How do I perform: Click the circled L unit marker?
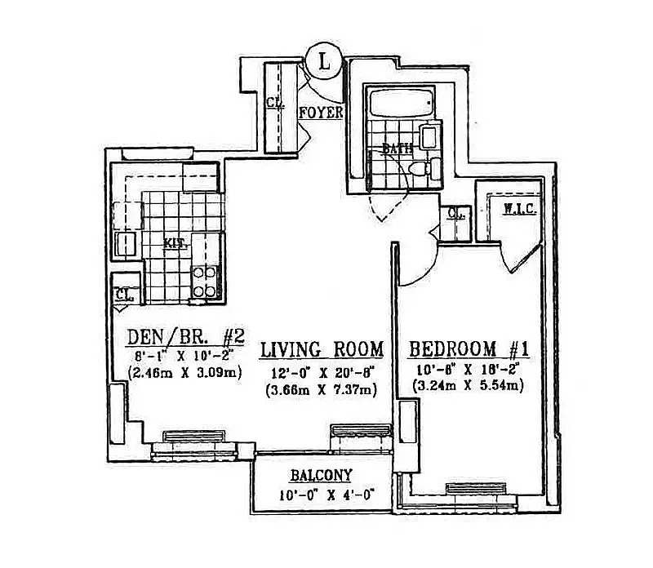click(x=325, y=61)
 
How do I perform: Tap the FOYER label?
click(x=321, y=113)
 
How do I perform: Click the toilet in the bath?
click(x=421, y=169)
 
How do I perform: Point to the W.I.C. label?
click(x=518, y=209)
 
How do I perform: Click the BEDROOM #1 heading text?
click(x=470, y=350)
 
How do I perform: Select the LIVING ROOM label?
click(x=321, y=350)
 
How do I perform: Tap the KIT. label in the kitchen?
click(x=174, y=242)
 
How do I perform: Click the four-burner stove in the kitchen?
click(x=203, y=281)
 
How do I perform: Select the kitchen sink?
click(x=125, y=244)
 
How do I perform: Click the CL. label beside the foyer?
click(x=274, y=104)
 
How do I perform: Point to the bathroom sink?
click(x=429, y=136)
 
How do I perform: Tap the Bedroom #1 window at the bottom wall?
click(x=473, y=488)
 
